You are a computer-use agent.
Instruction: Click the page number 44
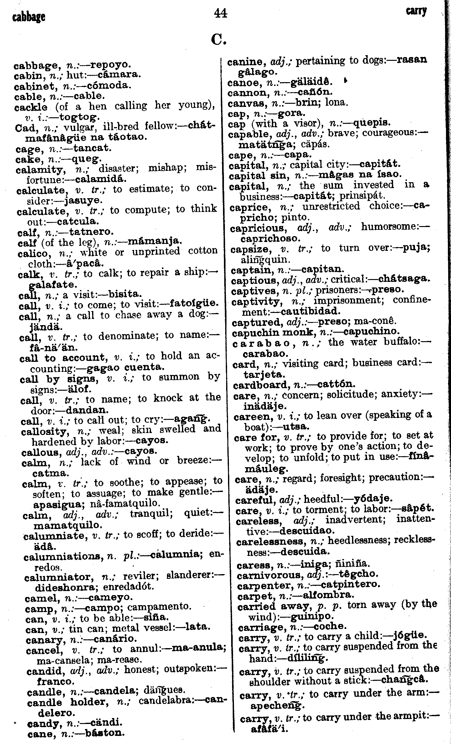pos(220,13)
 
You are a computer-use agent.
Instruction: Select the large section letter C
pos(219,40)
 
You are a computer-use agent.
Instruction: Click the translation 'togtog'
pos(80,117)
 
